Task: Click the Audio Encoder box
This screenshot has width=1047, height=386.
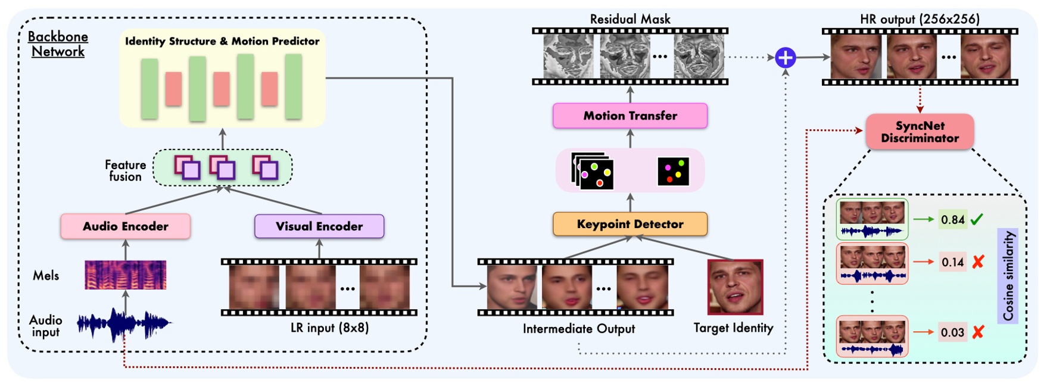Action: [x=125, y=226]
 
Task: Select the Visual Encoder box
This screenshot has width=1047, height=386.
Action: [x=319, y=226]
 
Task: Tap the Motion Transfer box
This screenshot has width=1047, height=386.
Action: [x=630, y=116]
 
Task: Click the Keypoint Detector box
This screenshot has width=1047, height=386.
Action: [x=630, y=224]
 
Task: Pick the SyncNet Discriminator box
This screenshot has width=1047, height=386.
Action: [x=920, y=132]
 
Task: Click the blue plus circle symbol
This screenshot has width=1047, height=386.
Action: [x=786, y=58]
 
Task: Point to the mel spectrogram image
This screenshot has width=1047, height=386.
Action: [x=125, y=275]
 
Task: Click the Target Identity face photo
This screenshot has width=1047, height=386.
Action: [x=735, y=287]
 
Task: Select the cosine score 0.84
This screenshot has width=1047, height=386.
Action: [x=952, y=220]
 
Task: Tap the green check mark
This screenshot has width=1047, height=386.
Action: [x=977, y=220]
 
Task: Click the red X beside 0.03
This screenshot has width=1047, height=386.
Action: [x=977, y=332]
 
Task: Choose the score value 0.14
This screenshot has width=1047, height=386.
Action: [x=952, y=262]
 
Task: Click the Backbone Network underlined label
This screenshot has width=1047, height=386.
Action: [x=58, y=44]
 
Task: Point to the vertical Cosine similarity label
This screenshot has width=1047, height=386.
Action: [x=1008, y=276]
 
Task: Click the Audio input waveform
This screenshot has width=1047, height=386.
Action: [x=124, y=323]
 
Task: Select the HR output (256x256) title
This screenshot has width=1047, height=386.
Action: [x=920, y=19]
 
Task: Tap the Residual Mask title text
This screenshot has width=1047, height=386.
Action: [x=630, y=19]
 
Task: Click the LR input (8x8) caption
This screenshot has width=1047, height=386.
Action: [x=329, y=328]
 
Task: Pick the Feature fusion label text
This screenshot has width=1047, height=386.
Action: [x=125, y=170]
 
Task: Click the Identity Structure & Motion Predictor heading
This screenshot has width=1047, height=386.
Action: [x=222, y=41]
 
